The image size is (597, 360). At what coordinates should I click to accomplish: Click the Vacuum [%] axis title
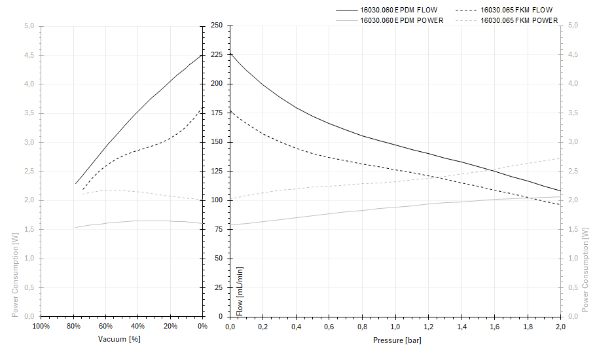(x=119, y=339)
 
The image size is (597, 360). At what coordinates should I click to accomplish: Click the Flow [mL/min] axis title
(x=240, y=291)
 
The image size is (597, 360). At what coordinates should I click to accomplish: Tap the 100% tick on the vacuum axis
(x=41, y=326)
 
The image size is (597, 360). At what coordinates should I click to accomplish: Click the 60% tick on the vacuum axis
(x=105, y=326)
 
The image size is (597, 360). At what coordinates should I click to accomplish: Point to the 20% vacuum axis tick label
(x=170, y=326)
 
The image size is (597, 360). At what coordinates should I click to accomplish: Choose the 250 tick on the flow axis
(x=216, y=26)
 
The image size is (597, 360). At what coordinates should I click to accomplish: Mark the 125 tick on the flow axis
(x=216, y=171)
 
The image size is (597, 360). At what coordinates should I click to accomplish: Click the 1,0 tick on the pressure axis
(x=395, y=326)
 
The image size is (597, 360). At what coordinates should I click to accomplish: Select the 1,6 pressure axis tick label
(x=494, y=326)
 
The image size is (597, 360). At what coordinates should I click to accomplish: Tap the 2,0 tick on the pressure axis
(x=560, y=326)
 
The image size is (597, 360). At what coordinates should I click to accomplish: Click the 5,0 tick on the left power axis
(x=29, y=26)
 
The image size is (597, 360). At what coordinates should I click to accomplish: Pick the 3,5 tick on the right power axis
(x=573, y=113)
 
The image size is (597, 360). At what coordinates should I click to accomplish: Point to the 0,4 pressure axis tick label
(x=297, y=326)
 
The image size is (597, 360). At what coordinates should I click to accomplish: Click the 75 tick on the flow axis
(x=218, y=230)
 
